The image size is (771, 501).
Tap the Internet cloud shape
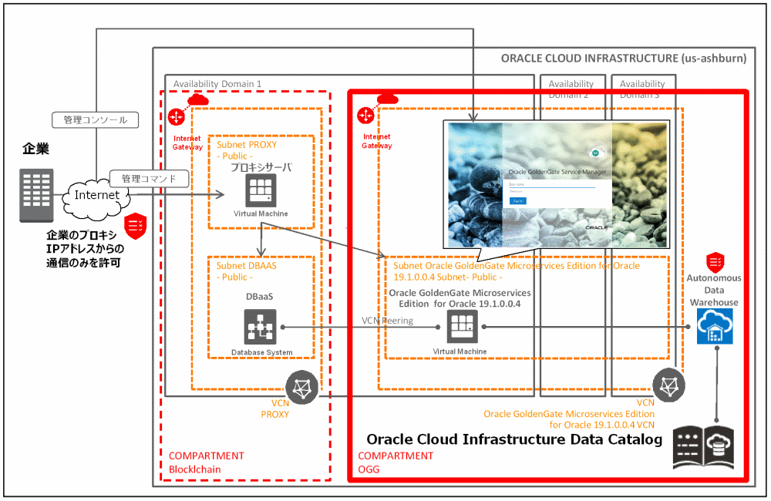97,196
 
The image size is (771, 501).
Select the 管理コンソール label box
96,120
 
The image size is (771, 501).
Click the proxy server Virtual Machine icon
261,190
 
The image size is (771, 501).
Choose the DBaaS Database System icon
261,327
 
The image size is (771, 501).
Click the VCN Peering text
387,321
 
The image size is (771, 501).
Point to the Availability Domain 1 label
217,84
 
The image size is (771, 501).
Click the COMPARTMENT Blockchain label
205,462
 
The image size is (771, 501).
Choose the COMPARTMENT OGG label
396,462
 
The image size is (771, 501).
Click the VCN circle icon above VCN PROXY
301,385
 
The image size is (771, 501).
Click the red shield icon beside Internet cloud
136,224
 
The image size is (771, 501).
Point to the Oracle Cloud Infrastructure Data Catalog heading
513,440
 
